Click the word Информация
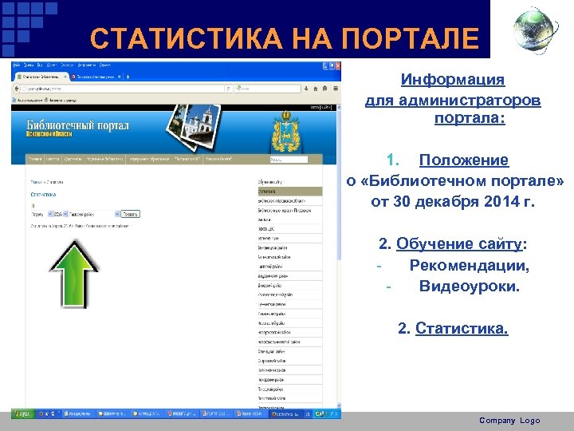pos(452,80)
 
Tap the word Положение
pos(463,161)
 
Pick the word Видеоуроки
pos(469,285)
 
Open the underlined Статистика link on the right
pos(462,328)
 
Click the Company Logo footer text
pos(509,421)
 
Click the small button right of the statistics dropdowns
pos(131,214)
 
